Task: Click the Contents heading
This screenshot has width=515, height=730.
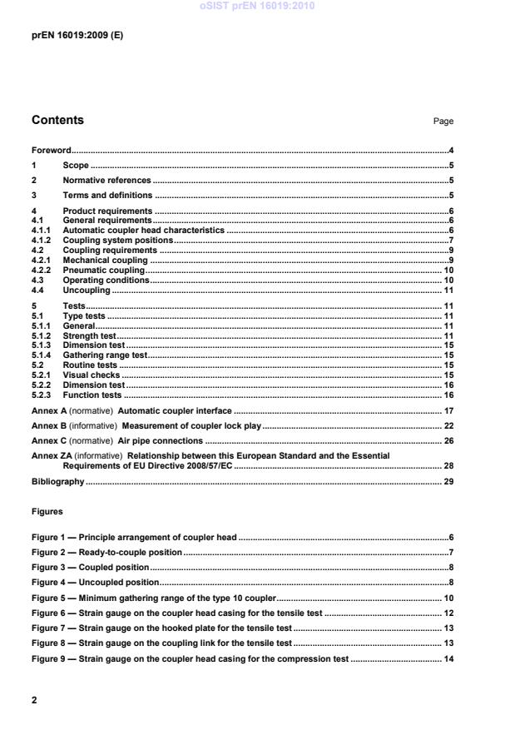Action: click(57, 120)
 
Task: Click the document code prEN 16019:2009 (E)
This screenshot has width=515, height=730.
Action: click(77, 36)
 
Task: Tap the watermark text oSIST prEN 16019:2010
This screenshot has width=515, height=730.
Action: click(257, 6)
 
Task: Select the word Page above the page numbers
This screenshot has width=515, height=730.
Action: click(443, 122)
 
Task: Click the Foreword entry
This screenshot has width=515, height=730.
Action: click(51, 151)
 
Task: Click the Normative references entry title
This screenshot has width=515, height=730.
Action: click(106, 181)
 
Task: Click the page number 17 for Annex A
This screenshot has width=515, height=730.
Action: click(448, 411)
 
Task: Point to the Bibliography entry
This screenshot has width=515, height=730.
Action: click(57, 482)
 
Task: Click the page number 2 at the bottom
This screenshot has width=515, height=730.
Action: click(34, 700)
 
